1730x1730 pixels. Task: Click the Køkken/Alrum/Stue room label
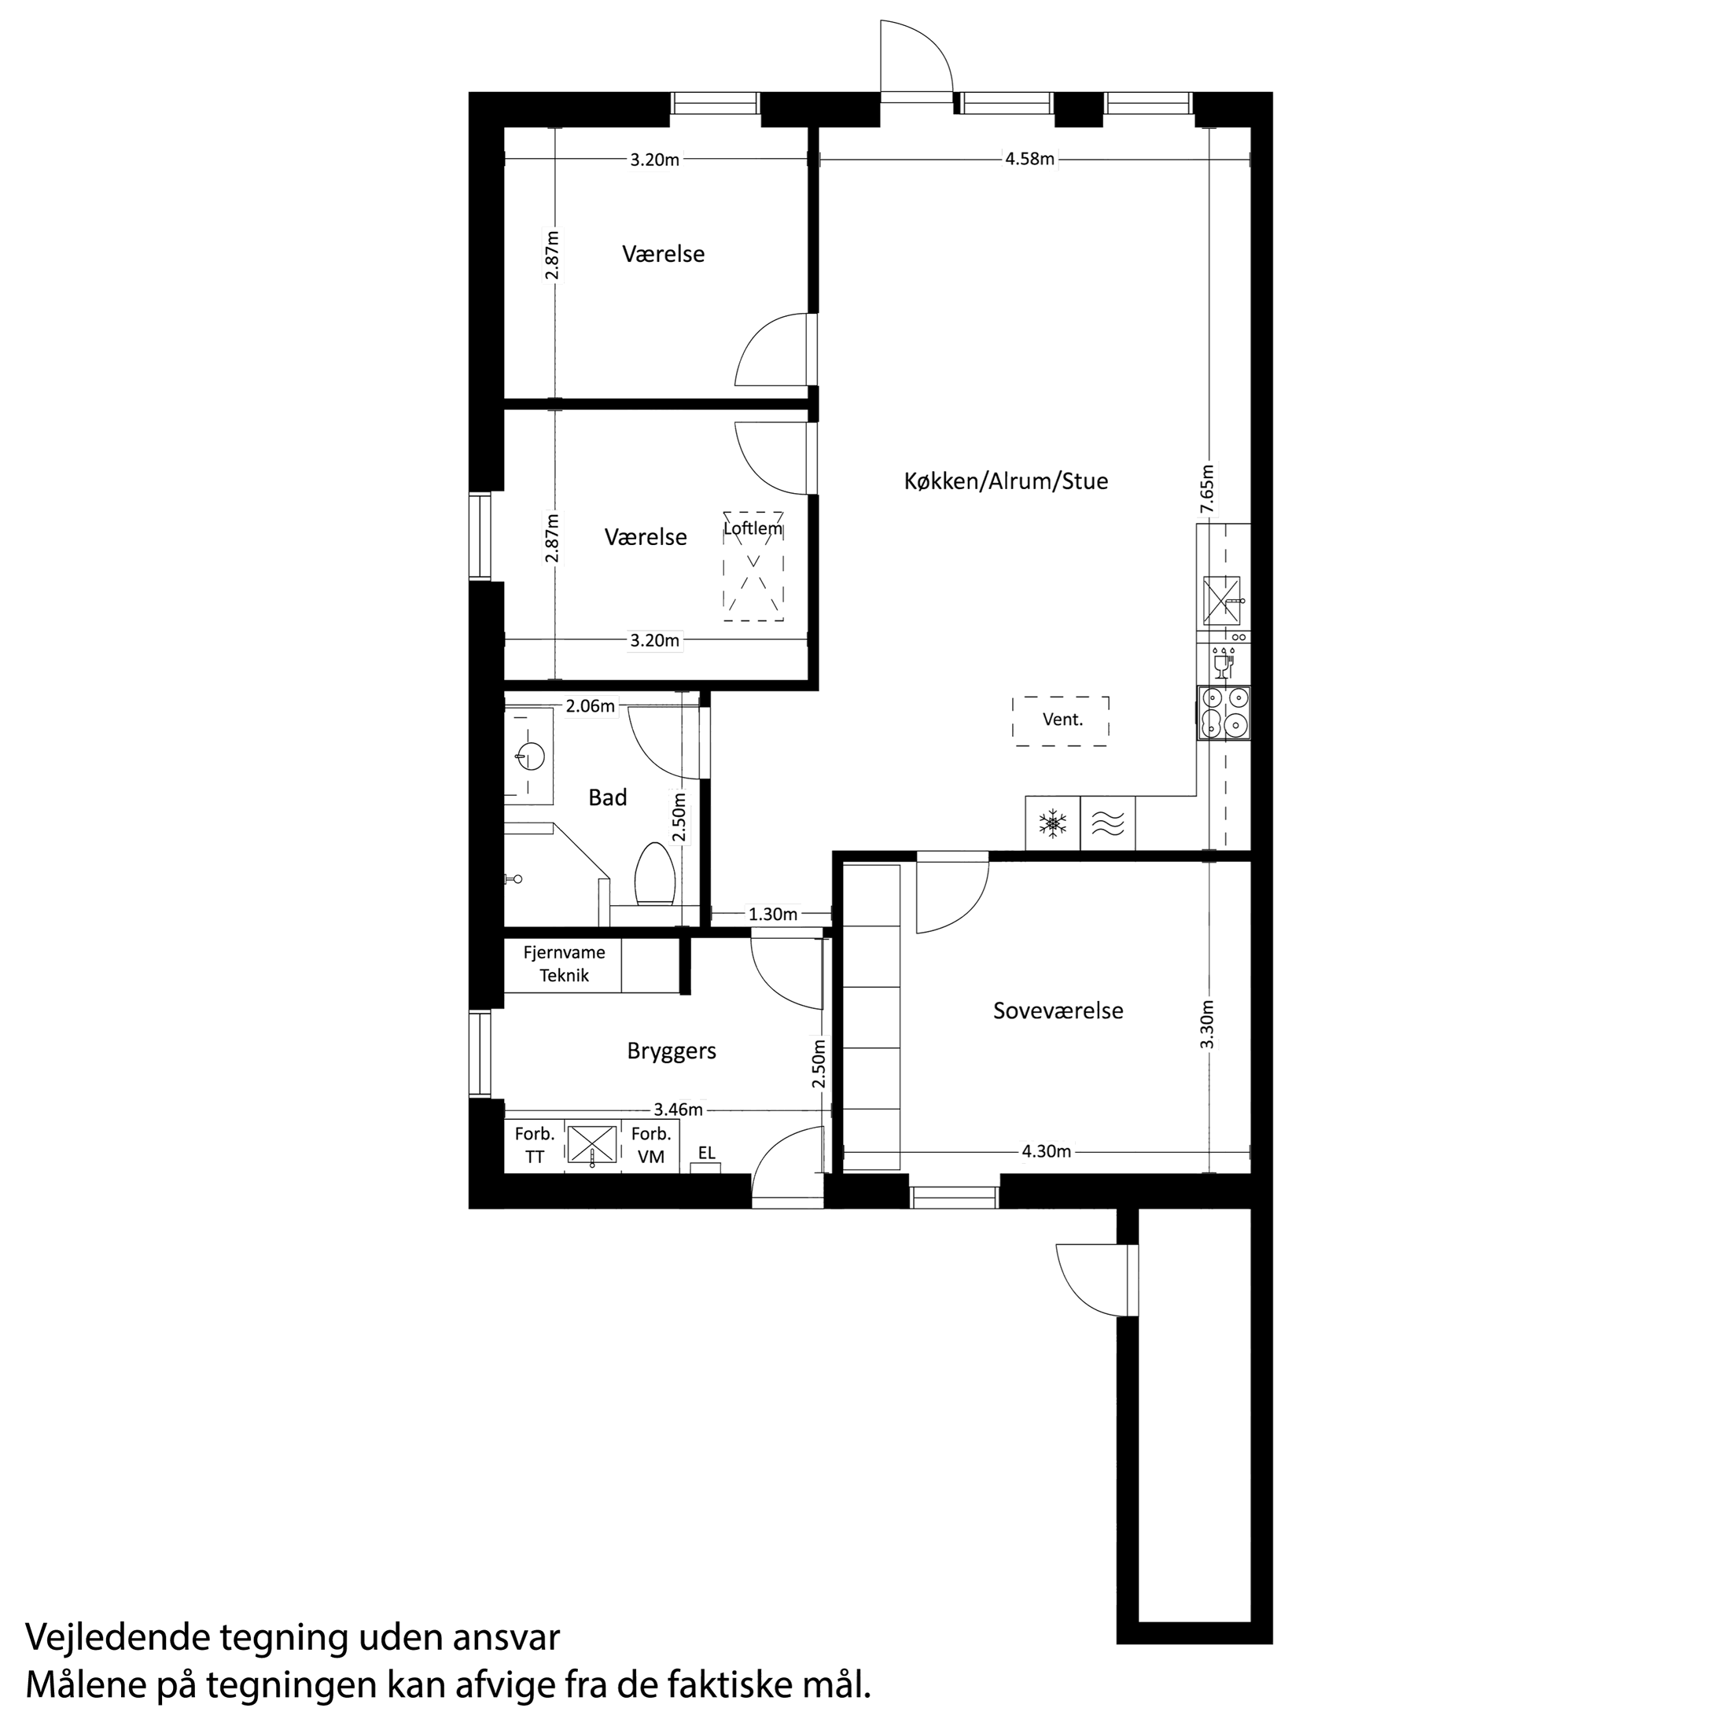pyautogui.click(x=1006, y=482)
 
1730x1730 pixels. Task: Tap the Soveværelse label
pyautogui.click(x=1058, y=1011)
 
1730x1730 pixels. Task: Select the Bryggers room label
pyautogui.click(x=672, y=1051)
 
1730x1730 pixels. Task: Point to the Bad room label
pyautogui.click(x=607, y=798)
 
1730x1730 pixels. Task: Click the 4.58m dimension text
pyautogui.click(x=1030, y=160)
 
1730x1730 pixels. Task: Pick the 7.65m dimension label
pyautogui.click(x=1207, y=489)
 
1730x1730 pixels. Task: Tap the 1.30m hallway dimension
pyautogui.click(x=773, y=915)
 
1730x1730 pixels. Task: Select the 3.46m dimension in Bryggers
pyautogui.click(x=678, y=1110)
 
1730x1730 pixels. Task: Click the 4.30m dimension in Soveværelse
pyautogui.click(x=1046, y=1151)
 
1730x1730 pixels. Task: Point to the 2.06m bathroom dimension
pyautogui.click(x=590, y=706)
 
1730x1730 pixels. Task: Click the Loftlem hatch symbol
pyautogui.click(x=753, y=568)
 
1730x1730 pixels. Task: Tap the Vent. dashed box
pyautogui.click(x=1061, y=720)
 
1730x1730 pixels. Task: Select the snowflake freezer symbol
pyautogui.click(x=1053, y=824)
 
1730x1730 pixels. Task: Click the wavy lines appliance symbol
pyautogui.click(x=1108, y=824)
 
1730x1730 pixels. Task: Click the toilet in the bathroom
pyautogui.click(x=654, y=873)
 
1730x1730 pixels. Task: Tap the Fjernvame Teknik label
pyautogui.click(x=564, y=964)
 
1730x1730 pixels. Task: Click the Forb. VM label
pyautogui.click(x=651, y=1145)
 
